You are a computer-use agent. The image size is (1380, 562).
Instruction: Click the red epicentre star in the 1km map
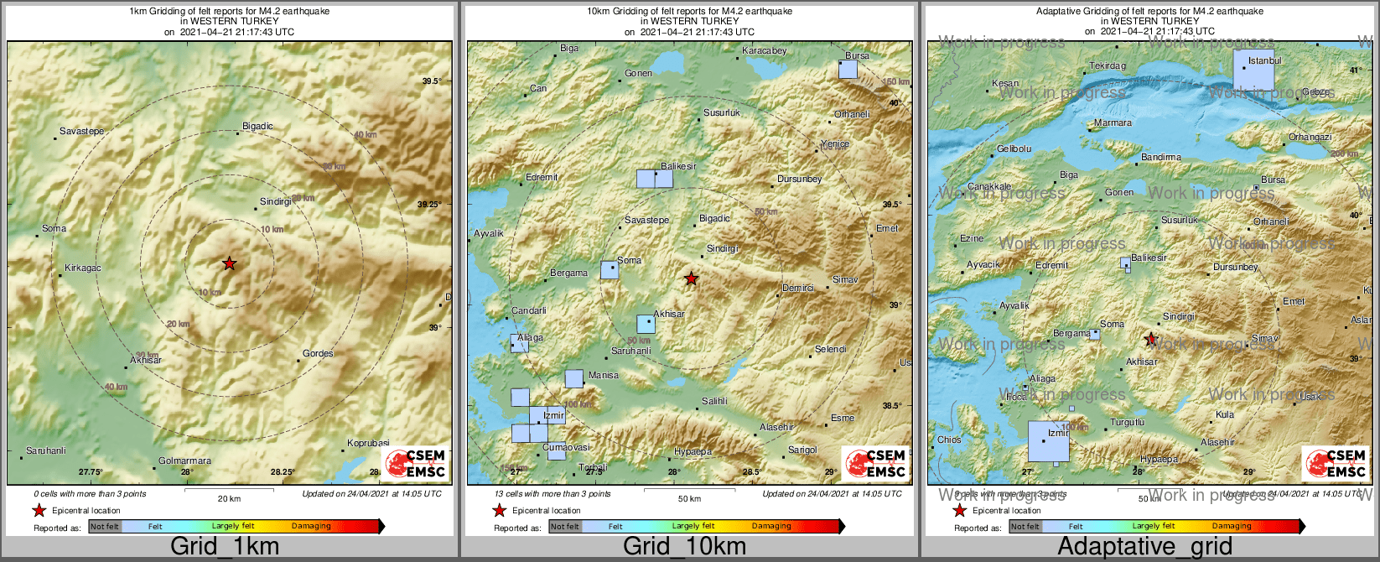pyautogui.click(x=230, y=263)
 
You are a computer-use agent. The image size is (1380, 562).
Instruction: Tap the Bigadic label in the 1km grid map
pyautogui.click(x=257, y=127)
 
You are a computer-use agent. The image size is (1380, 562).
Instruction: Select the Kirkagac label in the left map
pyautogui.click(x=83, y=268)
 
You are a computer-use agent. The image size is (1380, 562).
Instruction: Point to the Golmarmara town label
pyautogui.click(x=184, y=461)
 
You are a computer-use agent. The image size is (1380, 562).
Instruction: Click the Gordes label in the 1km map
pyautogui.click(x=318, y=354)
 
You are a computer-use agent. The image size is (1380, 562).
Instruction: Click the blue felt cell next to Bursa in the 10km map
pyautogui.click(x=848, y=70)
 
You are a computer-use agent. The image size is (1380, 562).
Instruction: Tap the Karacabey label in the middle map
pyautogui.click(x=764, y=51)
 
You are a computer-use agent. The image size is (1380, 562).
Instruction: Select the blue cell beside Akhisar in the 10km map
pyautogui.click(x=646, y=324)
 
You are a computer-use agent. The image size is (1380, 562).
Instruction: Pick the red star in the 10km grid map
pyautogui.click(x=691, y=278)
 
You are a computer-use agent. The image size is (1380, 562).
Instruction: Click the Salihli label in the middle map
pyautogui.click(x=714, y=402)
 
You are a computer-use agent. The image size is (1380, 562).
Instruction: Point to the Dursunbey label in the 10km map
pyautogui.click(x=799, y=180)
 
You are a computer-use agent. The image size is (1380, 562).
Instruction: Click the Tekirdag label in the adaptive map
pyautogui.click(x=1108, y=66)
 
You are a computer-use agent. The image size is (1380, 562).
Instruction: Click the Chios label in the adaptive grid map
pyautogui.click(x=949, y=440)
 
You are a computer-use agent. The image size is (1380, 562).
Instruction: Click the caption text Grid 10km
pyautogui.click(x=684, y=547)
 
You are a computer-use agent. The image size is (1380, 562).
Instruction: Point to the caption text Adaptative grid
pyautogui.click(x=1144, y=547)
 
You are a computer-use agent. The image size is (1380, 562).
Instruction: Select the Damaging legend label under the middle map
pyautogui.click(x=771, y=527)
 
